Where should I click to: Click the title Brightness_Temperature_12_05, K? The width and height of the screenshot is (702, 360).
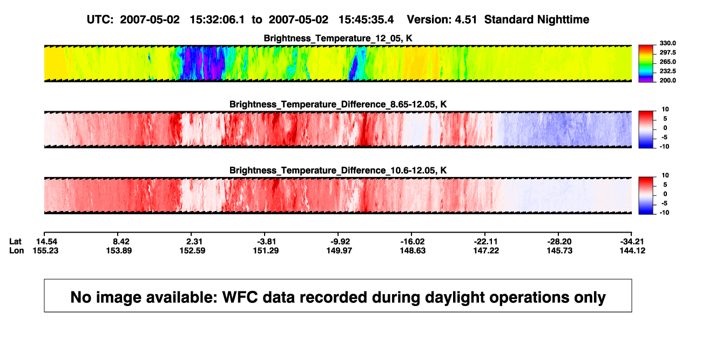pos(338,38)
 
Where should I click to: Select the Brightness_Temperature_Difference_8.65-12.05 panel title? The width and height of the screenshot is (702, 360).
pos(338,104)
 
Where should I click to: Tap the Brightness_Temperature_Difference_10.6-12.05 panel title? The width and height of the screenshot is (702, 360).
pos(338,171)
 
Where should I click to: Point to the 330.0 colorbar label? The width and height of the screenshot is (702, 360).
pos(667,43)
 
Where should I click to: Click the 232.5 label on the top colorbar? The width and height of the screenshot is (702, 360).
pos(667,71)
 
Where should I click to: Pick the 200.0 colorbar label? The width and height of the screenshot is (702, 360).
pos(667,80)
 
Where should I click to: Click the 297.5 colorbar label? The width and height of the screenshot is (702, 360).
pos(667,53)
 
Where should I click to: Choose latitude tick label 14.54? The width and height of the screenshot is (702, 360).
pos(46,242)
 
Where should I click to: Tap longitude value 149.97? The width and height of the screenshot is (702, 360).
pos(339,250)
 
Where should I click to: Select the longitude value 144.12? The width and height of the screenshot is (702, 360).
pos(632,250)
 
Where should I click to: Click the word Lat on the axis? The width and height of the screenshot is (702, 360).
pos(15,242)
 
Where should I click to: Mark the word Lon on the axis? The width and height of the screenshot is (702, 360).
pos(17,250)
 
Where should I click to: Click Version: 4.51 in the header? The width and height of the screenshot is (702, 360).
pos(442,20)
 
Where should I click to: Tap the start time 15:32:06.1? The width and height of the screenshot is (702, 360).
pos(217,20)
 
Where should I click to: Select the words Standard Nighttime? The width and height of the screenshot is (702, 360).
pos(537,20)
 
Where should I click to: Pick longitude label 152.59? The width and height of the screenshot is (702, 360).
pos(192,250)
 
